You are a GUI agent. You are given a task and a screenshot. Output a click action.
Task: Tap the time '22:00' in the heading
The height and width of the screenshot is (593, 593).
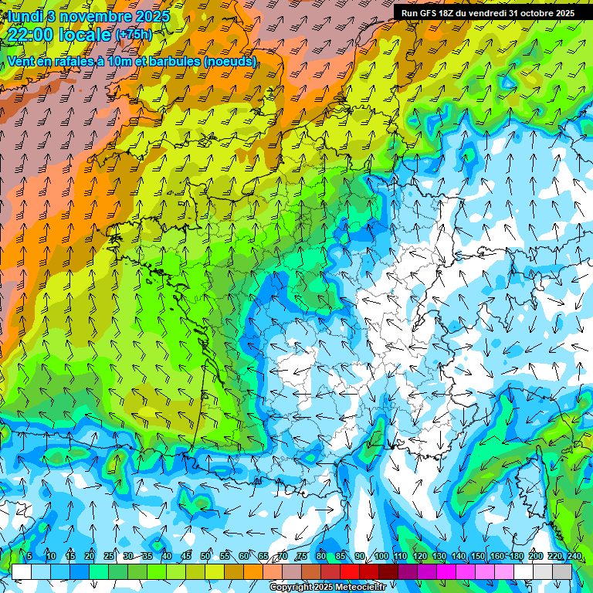pyautogui.click(x=35, y=35)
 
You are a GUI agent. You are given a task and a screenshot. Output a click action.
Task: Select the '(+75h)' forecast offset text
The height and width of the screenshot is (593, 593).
pyautogui.click(x=134, y=35)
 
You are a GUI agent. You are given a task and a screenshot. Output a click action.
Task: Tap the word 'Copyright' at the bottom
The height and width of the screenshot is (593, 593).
pyautogui.click(x=291, y=588)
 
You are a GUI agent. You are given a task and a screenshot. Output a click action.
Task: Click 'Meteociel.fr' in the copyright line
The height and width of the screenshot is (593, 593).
pyautogui.click(x=350, y=588)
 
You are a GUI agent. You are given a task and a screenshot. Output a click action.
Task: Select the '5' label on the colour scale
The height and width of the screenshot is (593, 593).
pyautogui.click(x=29, y=557)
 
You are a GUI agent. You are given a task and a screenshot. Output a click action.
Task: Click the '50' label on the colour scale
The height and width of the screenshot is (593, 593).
pyautogui.click(x=205, y=557)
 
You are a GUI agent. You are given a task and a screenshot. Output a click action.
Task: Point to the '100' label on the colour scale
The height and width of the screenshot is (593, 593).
pyautogui.click(x=381, y=557)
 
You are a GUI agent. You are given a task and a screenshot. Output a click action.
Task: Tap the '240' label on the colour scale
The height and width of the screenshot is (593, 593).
pyautogui.click(x=574, y=557)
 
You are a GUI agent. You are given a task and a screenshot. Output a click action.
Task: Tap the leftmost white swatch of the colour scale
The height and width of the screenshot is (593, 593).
pyautogui.click(x=22, y=571)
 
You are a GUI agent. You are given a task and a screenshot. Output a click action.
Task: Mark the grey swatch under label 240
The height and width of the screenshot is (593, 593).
pyautogui.click(x=562, y=571)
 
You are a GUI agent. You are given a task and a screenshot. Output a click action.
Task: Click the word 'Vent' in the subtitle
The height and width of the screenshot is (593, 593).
pyautogui.click(x=21, y=61)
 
